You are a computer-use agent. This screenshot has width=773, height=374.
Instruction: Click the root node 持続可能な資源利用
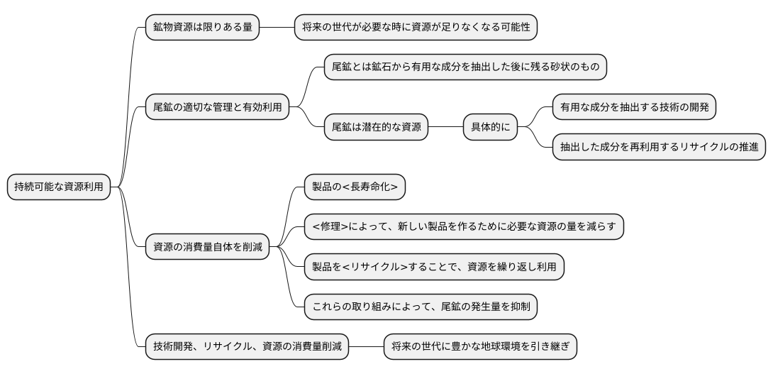pyautogui.click(x=58, y=187)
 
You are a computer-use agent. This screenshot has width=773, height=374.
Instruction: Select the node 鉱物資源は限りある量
pyautogui.click(x=201, y=28)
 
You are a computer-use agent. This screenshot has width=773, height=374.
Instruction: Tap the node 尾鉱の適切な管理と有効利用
pyautogui.click(x=217, y=108)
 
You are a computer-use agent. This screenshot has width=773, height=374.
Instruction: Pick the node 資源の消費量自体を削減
pyautogui.click(x=207, y=248)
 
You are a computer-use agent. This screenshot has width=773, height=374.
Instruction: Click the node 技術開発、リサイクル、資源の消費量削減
pyautogui.click(x=247, y=347)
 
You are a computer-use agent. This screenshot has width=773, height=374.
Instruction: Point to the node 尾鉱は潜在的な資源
pyautogui.click(x=376, y=128)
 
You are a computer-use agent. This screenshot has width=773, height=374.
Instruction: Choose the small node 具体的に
pyautogui.click(x=490, y=128)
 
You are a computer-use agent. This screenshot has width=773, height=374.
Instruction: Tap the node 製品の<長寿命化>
pyautogui.click(x=355, y=187)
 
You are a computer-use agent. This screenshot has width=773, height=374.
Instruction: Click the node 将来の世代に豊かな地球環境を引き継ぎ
pyautogui.click(x=480, y=347)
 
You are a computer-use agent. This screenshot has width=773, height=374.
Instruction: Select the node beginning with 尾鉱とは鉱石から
pyautogui.click(x=466, y=67)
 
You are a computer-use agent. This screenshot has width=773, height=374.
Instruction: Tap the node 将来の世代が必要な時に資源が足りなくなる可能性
pyautogui.click(x=416, y=28)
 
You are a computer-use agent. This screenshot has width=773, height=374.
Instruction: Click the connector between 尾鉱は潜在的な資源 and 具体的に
pyautogui.click(x=445, y=128)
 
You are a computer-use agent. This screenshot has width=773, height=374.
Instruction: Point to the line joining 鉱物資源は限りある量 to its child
pyautogui.click(x=277, y=28)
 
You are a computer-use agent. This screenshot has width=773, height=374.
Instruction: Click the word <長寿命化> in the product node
pyautogui.click(x=367, y=187)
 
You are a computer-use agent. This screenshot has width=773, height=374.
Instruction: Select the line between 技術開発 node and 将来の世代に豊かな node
pyautogui.click(x=366, y=347)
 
